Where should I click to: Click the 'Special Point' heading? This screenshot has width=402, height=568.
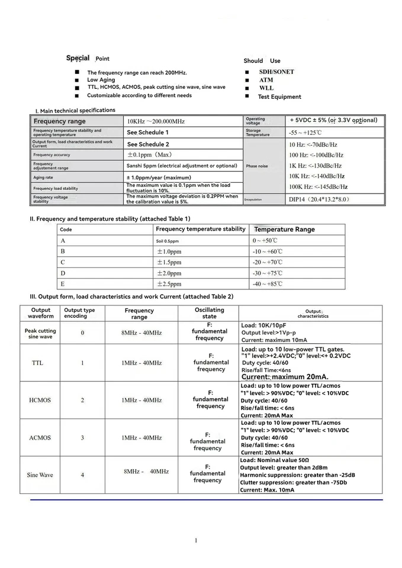pyautogui.click(x=88, y=58)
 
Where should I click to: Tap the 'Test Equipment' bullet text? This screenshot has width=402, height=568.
pyautogui.click(x=279, y=96)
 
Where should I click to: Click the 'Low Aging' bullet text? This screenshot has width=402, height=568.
pyautogui.click(x=101, y=80)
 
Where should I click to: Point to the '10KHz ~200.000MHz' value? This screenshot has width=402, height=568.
pyautogui.click(x=156, y=121)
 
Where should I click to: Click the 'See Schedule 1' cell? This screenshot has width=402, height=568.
pyautogui.click(x=148, y=133)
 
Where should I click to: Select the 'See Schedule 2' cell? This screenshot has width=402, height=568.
pyautogui.click(x=148, y=144)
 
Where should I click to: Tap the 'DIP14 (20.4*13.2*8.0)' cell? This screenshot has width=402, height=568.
pyautogui.click(x=319, y=199)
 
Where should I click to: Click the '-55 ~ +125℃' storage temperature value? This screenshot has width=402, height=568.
pyautogui.click(x=305, y=133)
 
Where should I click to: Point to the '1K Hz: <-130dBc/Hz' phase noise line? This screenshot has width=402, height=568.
pyautogui.click(x=315, y=166)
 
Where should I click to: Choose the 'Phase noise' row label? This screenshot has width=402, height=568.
pyautogui.click(x=256, y=166)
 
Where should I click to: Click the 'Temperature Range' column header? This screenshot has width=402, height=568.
pyautogui.click(x=284, y=230)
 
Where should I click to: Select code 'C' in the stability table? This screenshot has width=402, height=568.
pyautogui.click(x=63, y=262)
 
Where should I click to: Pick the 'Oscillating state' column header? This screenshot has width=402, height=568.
pyautogui.click(x=210, y=313)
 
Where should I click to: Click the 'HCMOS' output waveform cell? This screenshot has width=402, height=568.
pyautogui.click(x=40, y=400)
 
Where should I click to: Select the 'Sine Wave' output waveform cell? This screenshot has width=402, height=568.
pyautogui.click(x=40, y=475)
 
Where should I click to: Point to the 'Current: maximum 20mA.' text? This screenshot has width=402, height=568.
pyautogui.click(x=285, y=377)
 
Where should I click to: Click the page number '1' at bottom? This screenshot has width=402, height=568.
pyautogui.click(x=195, y=540)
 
